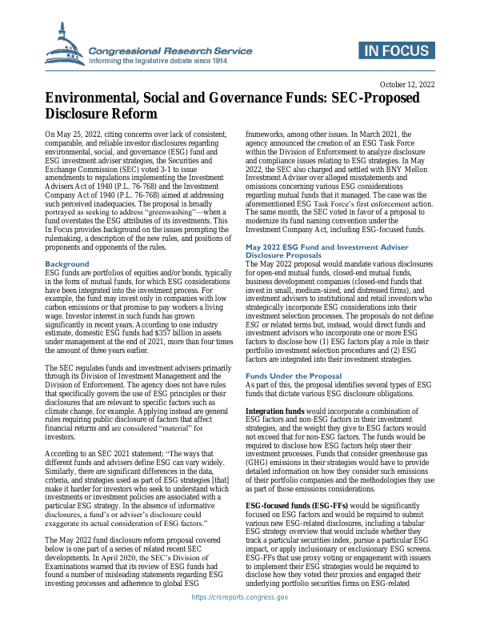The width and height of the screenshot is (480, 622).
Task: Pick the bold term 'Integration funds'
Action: (274, 411)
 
